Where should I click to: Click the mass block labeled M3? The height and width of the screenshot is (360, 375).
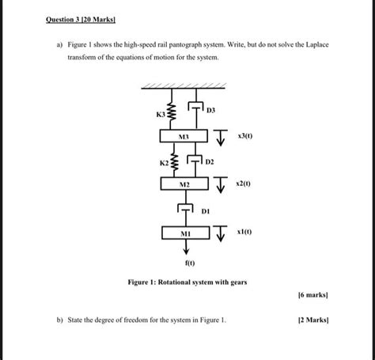(x=183, y=137)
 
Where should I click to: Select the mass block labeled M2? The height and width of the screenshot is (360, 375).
(x=183, y=184)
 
